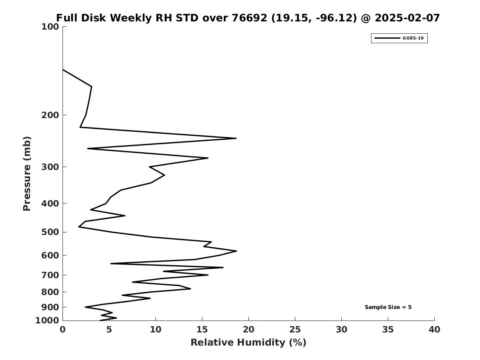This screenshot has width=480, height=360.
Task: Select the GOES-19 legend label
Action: point(413,38)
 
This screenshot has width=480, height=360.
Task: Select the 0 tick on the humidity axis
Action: point(63,330)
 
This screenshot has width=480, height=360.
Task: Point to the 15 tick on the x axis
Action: point(202,330)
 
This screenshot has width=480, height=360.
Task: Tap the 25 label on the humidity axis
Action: point(295,330)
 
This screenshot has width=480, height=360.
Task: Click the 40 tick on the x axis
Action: point(434,330)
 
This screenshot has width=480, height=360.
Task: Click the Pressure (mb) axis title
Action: point(27,174)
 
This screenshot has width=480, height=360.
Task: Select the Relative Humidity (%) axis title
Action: point(248,343)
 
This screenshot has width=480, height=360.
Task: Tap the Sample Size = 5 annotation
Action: point(388,307)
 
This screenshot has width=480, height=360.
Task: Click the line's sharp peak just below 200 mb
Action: point(236,138)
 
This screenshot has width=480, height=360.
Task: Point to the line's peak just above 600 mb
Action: point(237,251)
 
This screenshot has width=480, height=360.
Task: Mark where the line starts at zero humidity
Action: point(63,70)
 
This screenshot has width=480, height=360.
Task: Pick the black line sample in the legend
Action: point(387,38)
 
